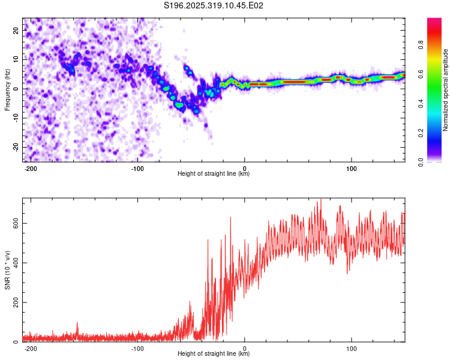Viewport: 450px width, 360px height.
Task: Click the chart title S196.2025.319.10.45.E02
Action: tap(214, 5)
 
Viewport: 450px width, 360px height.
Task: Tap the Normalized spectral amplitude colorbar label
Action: tap(446, 90)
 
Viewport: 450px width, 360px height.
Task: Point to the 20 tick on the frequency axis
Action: tap(16, 29)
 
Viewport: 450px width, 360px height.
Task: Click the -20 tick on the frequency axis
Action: tap(15, 147)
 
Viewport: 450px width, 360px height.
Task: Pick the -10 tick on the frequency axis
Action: tap(15, 118)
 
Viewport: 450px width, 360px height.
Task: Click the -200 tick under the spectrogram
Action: tap(31, 167)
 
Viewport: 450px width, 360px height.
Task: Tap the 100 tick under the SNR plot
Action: tap(352, 347)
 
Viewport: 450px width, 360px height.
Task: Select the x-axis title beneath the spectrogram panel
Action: tap(214, 174)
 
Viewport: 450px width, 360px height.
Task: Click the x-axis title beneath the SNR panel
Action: tap(214, 354)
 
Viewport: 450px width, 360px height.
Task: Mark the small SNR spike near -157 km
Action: tap(77, 323)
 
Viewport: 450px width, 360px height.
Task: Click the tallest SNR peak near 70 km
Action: tap(320, 200)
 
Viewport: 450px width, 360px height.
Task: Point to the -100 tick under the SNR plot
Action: tap(137, 347)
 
